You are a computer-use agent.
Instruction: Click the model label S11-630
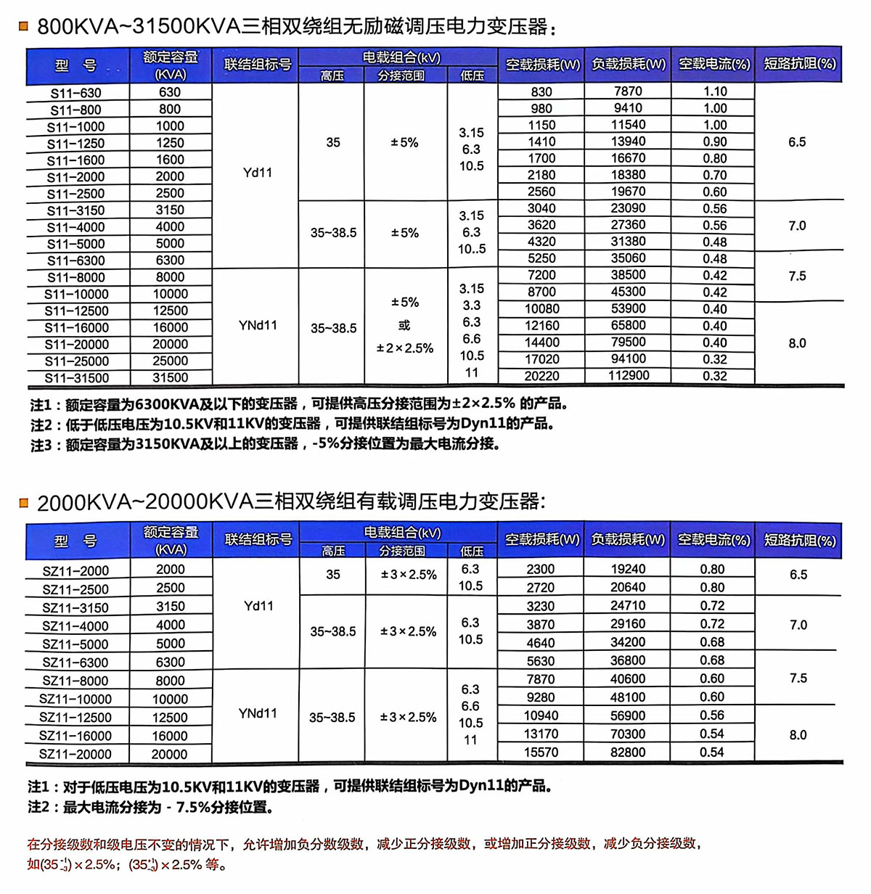(x=76, y=93)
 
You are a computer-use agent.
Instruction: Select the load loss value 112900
(x=629, y=376)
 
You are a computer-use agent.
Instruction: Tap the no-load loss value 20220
(x=541, y=376)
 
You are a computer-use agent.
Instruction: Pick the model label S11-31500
(x=76, y=378)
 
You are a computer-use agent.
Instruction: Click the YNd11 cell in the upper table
(x=258, y=326)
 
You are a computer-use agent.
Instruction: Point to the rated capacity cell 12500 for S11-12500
(x=170, y=311)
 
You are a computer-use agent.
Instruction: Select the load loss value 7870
(x=628, y=91)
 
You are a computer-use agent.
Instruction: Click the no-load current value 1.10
(x=715, y=91)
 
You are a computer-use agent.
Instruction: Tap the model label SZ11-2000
(x=75, y=571)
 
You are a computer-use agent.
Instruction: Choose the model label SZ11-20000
(x=75, y=755)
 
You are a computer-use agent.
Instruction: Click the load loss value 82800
(x=628, y=752)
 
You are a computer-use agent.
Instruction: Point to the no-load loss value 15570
(x=541, y=752)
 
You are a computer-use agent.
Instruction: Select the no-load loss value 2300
(x=541, y=570)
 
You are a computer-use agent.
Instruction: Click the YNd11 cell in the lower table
(x=258, y=714)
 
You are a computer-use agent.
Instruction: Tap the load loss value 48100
(x=628, y=697)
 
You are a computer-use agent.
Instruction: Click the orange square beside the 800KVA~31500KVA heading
(x=24, y=27)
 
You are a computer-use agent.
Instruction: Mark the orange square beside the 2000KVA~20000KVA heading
(x=24, y=502)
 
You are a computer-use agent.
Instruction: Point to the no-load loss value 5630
(x=541, y=661)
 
